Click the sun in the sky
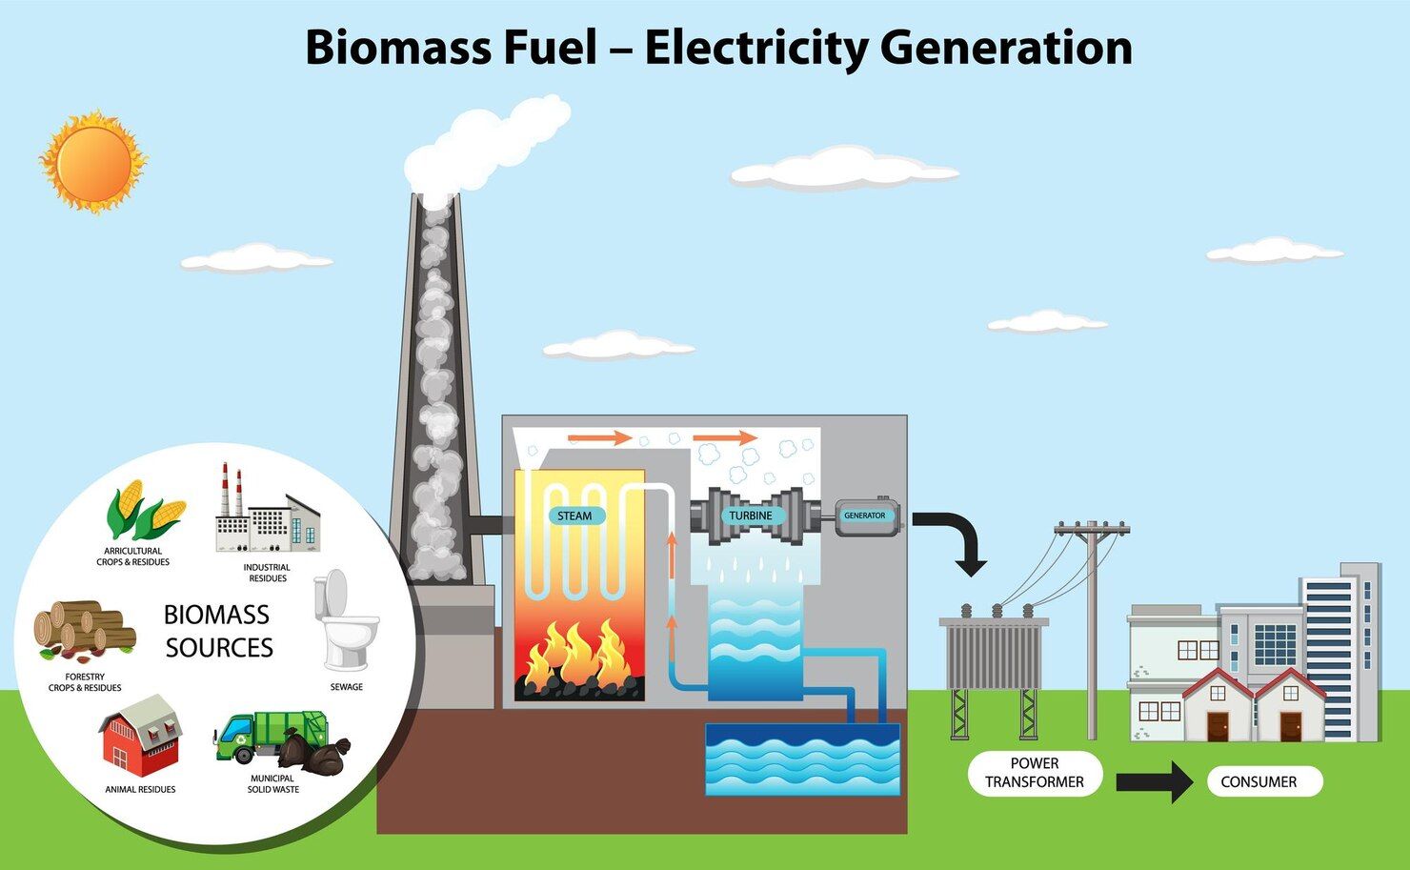pos(92,162)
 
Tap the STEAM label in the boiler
pos(574,516)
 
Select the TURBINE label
pos(751,516)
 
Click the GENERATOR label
pos(864,516)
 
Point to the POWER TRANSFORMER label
pos(1034,773)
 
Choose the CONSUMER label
pos(1258,781)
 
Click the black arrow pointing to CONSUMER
pos(1154,782)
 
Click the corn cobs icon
pos(143,511)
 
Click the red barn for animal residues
pos(141,735)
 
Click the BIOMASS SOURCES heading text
pos(218,631)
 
